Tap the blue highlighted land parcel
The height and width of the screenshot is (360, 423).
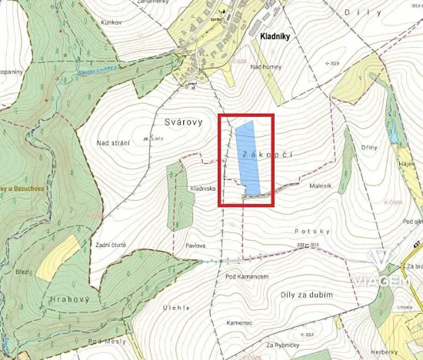click(x=247, y=158)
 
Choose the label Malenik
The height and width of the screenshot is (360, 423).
click(x=319, y=185)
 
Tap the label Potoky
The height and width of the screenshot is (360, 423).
click(x=317, y=231)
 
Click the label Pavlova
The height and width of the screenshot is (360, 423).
click(x=195, y=245)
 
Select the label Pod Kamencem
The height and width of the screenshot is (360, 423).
click(x=246, y=275)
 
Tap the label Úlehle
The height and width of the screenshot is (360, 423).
click(x=177, y=307)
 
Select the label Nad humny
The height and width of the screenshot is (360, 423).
click(x=266, y=67)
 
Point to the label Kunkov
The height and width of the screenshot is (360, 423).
click(x=112, y=22)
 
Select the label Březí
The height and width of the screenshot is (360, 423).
click(x=22, y=272)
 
